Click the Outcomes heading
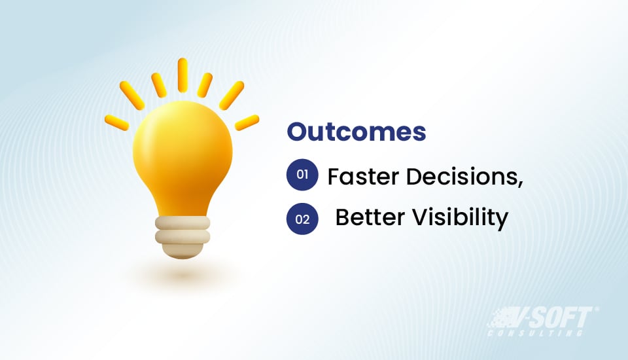tap(357, 132)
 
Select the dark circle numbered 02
tap(302, 219)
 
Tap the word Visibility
tap(464, 219)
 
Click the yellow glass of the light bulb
tap(183, 157)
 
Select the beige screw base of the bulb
tap(183, 234)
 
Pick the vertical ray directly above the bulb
tap(183, 74)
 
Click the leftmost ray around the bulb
tap(116, 122)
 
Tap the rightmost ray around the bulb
tap(247, 122)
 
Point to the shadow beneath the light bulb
tap(183, 275)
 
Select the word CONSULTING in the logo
tap(536, 333)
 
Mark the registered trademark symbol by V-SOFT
tap(595, 310)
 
